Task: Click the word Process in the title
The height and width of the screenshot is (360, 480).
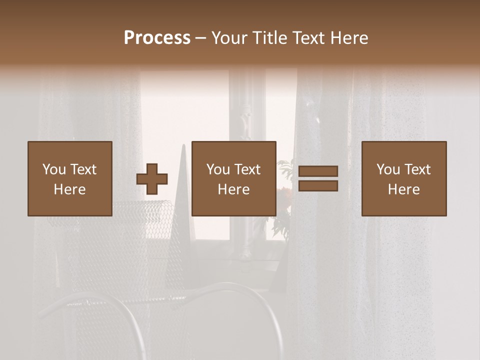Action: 157,37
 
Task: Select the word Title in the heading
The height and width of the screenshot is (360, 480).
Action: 270,37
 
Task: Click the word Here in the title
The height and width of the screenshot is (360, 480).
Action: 349,37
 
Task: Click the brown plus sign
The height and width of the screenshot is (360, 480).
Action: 152,178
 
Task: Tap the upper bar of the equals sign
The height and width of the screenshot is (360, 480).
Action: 318,171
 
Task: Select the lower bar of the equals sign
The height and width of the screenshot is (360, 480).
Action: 318,186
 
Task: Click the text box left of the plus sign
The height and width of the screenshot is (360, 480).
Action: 69,178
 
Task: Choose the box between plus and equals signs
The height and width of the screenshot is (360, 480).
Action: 233,178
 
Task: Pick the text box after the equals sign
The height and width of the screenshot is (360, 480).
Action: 403,178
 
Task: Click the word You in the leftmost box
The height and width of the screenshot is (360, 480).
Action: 54,169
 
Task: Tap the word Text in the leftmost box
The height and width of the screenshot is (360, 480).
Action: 83,169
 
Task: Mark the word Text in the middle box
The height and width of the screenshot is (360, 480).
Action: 247,169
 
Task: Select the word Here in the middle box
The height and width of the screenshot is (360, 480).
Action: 233,189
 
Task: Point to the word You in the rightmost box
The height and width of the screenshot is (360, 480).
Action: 388,169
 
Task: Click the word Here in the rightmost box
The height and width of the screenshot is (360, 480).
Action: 403,189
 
